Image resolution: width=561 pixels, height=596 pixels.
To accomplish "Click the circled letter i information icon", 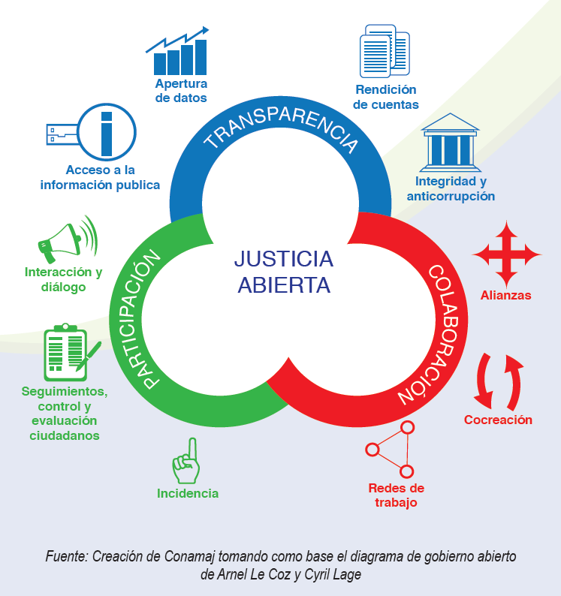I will pyautogui.click(x=107, y=132).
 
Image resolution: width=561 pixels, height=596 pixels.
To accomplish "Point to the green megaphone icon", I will pyautogui.click(x=68, y=239).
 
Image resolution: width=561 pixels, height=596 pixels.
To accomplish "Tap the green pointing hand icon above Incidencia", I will pyautogui.click(x=186, y=460).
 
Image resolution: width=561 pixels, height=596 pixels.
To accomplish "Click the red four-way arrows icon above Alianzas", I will pyautogui.click(x=506, y=254).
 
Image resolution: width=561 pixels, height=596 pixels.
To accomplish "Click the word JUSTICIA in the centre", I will pyautogui.click(x=283, y=259).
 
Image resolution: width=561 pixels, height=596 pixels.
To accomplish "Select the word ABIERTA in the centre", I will pyautogui.click(x=283, y=285).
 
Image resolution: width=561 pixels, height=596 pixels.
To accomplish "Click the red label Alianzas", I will pyautogui.click(x=505, y=295).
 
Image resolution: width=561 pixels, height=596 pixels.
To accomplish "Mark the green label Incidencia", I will pyautogui.click(x=188, y=493).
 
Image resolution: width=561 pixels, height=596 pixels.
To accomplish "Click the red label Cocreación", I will pyautogui.click(x=498, y=420).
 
